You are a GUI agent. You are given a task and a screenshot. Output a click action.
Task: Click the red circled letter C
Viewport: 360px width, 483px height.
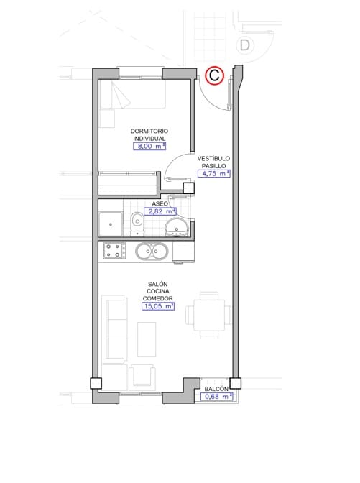coord(214,75)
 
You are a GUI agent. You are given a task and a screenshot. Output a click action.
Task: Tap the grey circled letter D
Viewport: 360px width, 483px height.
coord(246,45)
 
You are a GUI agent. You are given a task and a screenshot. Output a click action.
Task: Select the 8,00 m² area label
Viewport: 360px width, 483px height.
coord(149,146)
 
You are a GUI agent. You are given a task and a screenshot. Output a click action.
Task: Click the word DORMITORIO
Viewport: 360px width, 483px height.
coord(149,131)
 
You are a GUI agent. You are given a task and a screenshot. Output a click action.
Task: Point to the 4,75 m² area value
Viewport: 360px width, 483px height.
coord(213,173)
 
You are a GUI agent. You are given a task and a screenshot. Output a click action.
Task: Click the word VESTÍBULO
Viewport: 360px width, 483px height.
coord(213,157)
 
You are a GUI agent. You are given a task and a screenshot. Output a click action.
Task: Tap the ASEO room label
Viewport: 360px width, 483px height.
coord(160,203)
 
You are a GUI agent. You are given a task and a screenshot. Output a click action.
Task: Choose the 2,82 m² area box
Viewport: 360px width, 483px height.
coord(161,212)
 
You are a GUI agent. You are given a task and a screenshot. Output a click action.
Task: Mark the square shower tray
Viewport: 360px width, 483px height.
coord(111,224)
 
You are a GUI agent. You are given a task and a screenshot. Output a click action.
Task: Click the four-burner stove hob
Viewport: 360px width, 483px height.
coord(114,252)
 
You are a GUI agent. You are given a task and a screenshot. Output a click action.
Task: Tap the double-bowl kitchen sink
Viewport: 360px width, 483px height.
coord(151,252)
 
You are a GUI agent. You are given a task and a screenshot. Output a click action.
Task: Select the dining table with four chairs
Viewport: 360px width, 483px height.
coord(208,315)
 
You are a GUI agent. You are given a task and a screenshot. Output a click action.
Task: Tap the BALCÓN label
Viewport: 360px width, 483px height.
coord(216,389)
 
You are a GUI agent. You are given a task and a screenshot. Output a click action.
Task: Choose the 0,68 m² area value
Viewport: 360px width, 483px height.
coord(216,397)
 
